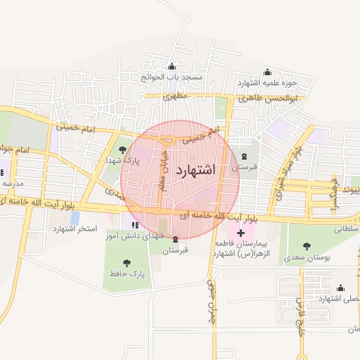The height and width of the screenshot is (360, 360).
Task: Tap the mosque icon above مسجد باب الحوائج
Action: [172, 67]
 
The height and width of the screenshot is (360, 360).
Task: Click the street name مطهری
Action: [176, 97]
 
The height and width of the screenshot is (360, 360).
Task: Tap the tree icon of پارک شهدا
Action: [124, 149]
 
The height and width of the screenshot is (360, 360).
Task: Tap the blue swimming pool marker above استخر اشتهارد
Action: [75, 217]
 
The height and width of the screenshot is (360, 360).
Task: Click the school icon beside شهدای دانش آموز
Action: [134, 224]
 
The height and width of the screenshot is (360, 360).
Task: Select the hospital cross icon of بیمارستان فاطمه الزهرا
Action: [241, 232]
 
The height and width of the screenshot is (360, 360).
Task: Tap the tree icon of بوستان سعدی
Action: [306, 246]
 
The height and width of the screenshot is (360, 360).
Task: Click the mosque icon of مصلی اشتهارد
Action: [341, 288]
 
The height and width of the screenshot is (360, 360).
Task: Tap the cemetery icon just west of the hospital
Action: [174, 238]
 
